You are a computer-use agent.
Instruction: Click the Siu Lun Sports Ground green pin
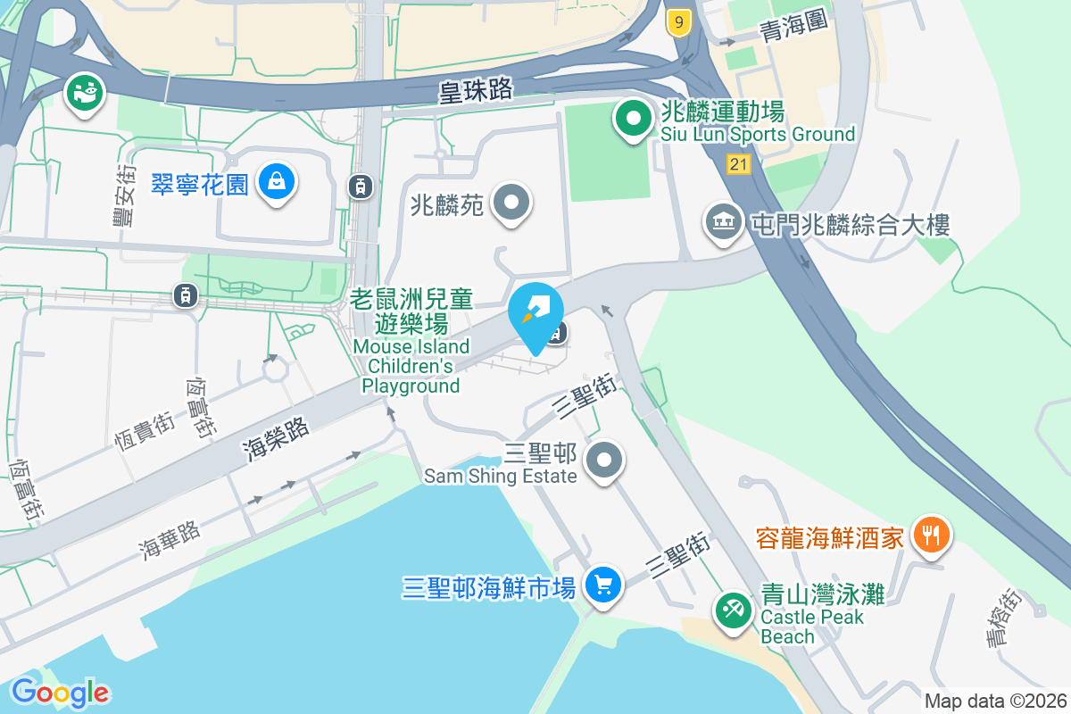[633, 120]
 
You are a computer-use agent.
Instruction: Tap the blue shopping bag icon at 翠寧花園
[277, 183]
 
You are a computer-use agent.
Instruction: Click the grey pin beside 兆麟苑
[511, 203]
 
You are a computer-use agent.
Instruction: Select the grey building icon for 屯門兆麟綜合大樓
[723, 222]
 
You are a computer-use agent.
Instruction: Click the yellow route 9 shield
[679, 24]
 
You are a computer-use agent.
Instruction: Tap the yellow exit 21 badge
[738, 163]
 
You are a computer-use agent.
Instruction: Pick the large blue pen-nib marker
[535, 312]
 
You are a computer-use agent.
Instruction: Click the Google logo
[61, 692]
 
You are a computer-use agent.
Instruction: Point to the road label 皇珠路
[476, 90]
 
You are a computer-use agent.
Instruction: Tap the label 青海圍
[794, 29]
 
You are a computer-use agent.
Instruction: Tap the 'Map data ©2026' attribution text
[995, 702]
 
